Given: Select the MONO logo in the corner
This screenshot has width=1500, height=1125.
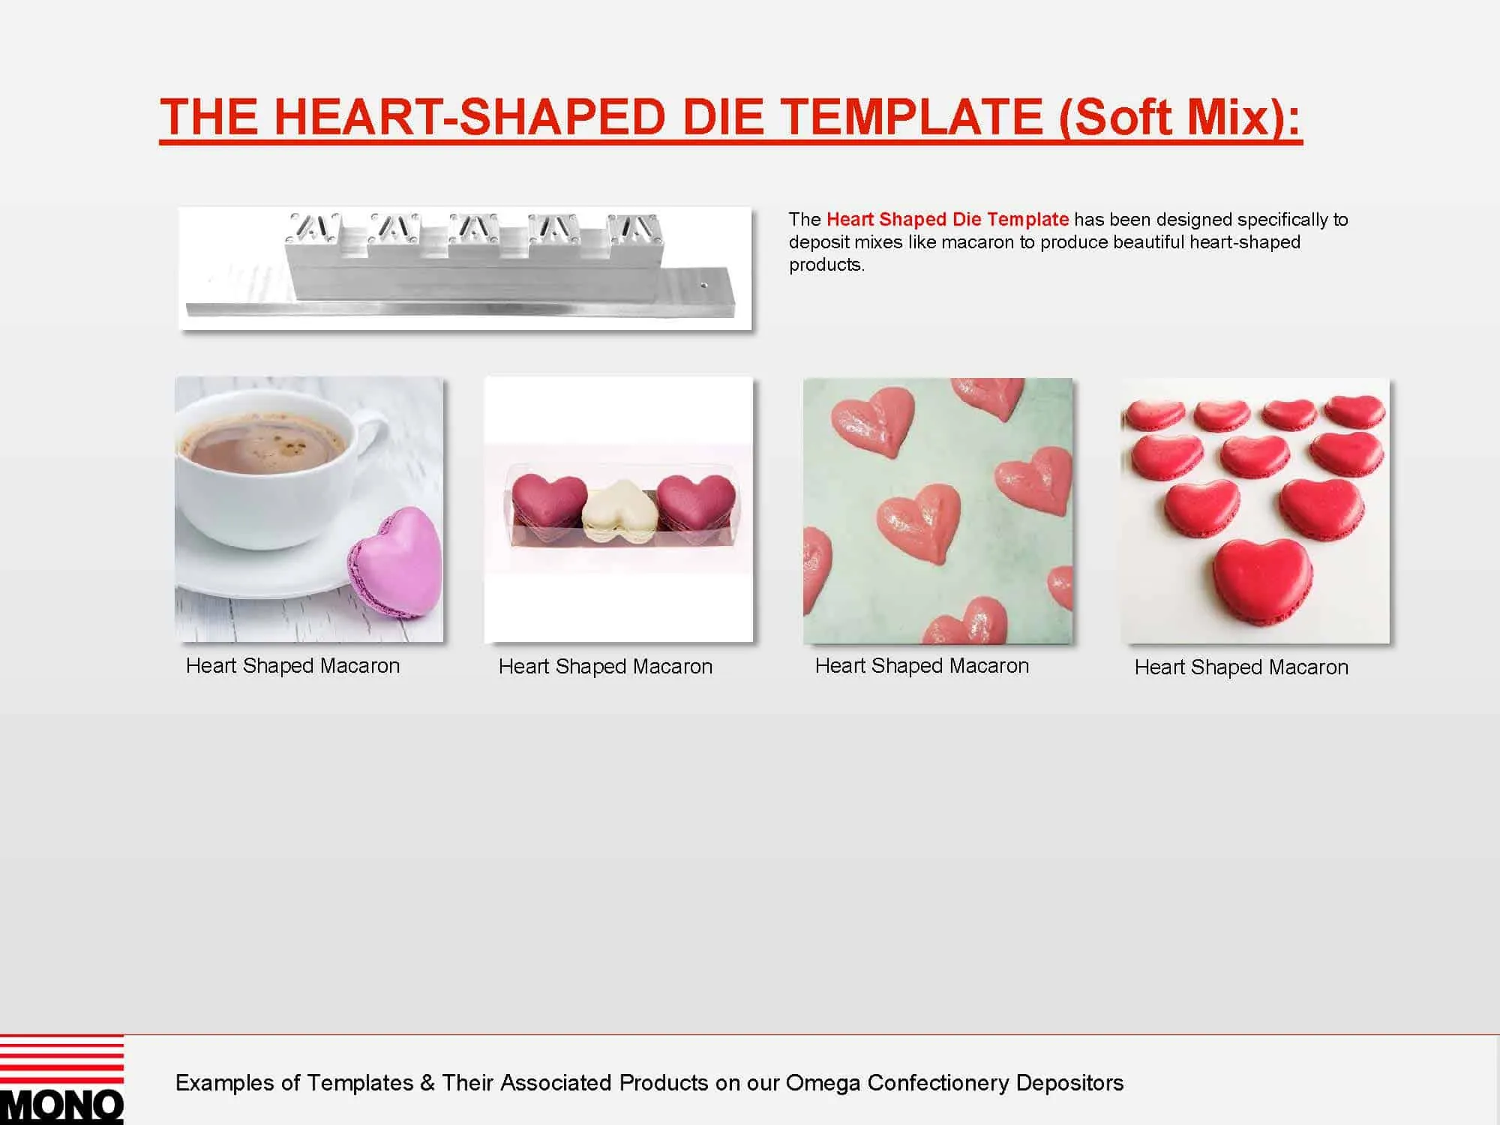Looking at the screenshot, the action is (x=61, y=1080).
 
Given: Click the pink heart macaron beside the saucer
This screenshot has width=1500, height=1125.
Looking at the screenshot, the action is (x=394, y=562).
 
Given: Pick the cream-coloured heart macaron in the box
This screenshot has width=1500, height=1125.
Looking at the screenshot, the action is (x=620, y=510).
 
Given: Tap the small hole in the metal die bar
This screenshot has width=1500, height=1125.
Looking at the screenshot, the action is (x=703, y=285).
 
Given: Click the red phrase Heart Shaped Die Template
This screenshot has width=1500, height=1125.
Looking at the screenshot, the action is (x=947, y=219).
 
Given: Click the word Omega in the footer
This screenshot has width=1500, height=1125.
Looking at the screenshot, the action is (x=823, y=1082).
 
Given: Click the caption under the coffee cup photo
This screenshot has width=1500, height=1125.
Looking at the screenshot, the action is (x=292, y=666).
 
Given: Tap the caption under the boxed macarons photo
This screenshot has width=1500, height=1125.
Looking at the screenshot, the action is (x=605, y=667).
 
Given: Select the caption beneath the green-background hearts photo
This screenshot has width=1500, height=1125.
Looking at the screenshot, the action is (x=922, y=666).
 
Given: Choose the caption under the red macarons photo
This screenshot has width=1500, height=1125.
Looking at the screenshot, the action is (x=1241, y=667).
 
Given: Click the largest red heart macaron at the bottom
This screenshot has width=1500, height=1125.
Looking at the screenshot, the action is (x=1263, y=581).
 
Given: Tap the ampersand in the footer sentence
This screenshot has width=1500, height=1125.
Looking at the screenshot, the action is (x=427, y=1083).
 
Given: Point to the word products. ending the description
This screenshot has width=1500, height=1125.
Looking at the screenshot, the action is (x=826, y=265).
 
